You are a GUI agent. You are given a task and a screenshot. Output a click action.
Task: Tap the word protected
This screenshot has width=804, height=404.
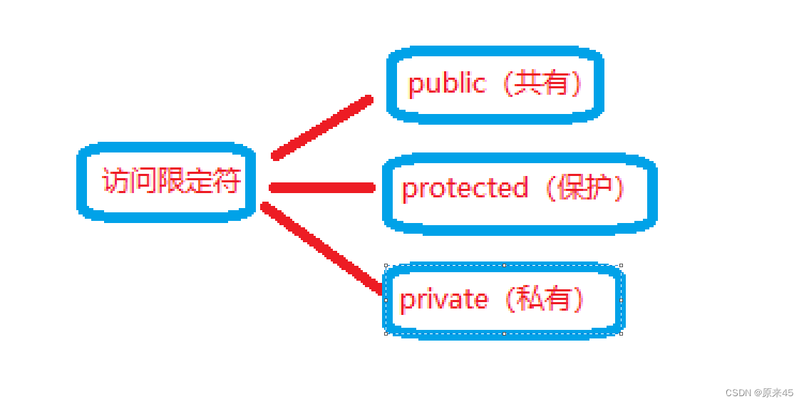(x=465, y=189)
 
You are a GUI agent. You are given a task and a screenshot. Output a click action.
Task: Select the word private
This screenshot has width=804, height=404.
(x=444, y=299)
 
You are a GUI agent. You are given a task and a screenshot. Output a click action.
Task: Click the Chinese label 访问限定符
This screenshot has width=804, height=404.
(x=171, y=181)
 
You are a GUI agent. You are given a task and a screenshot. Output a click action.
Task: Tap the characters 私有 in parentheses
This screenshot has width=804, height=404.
(x=545, y=299)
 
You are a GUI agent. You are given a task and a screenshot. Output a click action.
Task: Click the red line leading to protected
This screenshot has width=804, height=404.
(x=322, y=188)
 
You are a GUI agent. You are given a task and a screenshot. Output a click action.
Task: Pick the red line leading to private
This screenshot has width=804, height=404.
(x=322, y=247)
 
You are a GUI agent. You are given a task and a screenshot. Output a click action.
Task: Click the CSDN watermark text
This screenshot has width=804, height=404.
(x=738, y=393)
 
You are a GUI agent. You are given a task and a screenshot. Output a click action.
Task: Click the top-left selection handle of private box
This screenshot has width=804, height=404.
(x=386, y=266)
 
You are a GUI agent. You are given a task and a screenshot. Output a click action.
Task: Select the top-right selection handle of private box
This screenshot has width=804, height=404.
(x=621, y=266)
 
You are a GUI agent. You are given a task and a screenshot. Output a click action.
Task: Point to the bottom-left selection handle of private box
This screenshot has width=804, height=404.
(x=386, y=333)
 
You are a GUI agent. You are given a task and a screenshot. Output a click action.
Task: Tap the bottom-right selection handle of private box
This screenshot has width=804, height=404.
(x=621, y=333)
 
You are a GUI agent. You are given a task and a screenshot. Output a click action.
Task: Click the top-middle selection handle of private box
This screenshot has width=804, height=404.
(x=504, y=266)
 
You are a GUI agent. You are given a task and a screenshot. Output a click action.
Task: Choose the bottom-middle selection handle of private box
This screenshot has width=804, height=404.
(x=504, y=333)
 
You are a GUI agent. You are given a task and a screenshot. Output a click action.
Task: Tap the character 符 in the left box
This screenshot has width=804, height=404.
(x=227, y=181)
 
